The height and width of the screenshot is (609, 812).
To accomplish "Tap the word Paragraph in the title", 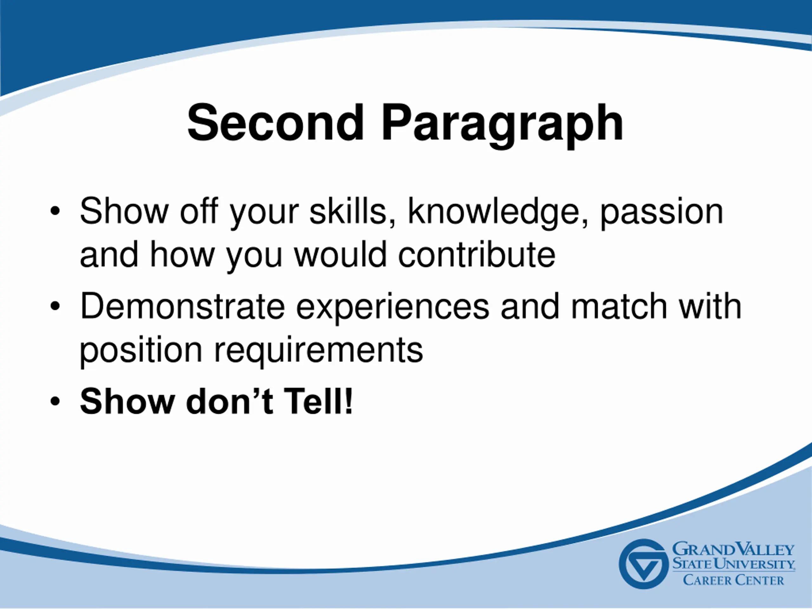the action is (x=502, y=126).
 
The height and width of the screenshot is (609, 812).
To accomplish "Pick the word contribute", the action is (x=477, y=255).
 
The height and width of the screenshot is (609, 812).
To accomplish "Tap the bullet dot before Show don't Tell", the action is (x=55, y=402).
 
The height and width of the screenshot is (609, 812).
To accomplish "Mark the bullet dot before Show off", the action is (x=55, y=212).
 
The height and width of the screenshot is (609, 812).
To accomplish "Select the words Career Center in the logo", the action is (x=733, y=580).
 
